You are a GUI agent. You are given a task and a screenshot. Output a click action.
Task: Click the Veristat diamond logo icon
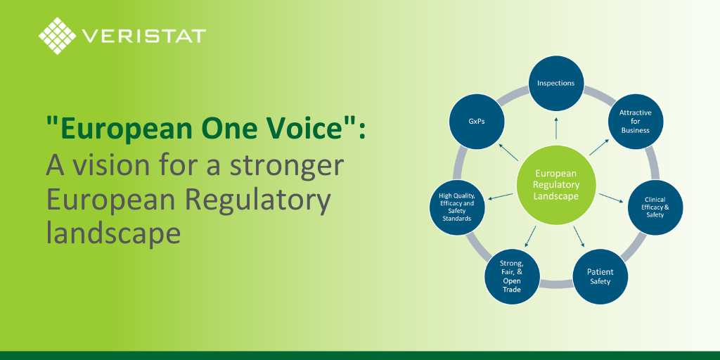58,36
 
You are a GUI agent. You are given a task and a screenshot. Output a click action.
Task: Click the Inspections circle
556,84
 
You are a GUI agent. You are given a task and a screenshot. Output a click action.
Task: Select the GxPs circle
476,121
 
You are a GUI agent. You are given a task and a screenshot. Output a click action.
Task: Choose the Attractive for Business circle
636,121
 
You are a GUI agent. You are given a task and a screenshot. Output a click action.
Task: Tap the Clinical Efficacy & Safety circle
655,207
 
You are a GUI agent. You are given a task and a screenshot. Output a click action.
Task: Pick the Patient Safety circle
600,276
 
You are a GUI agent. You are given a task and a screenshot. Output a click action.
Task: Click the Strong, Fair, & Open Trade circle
512,276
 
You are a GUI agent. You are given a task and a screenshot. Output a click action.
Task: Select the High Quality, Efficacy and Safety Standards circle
457,207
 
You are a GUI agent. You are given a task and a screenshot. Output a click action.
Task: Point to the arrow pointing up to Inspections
556,128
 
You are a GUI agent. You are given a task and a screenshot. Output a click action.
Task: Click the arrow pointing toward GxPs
509,152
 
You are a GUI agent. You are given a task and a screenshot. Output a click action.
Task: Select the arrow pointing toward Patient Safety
579,236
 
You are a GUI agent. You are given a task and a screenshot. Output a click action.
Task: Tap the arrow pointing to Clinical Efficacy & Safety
611,198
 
